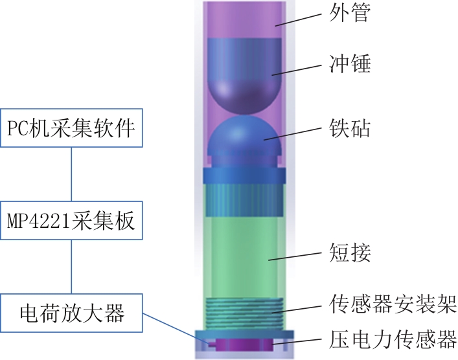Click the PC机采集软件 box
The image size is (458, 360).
[71, 128]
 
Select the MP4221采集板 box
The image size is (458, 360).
[71, 220]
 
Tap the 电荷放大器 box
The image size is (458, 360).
[71, 313]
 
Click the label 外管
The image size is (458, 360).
[350, 13]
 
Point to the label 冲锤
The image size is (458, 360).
[350, 63]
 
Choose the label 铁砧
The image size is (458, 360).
[350, 128]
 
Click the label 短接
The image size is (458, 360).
[350, 253]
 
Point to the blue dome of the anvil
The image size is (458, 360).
[244, 134]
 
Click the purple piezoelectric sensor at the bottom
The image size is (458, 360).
[241, 344]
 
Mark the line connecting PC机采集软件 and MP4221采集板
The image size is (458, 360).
[71, 174]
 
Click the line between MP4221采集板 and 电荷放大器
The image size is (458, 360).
[71, 267]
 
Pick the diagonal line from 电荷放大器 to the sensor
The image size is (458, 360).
[176, 328]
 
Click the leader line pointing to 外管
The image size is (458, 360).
[298, 19]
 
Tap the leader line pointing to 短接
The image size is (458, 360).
[295, 256]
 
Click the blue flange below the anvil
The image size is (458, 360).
[244, 175]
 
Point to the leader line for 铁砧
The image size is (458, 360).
[293, 134]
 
